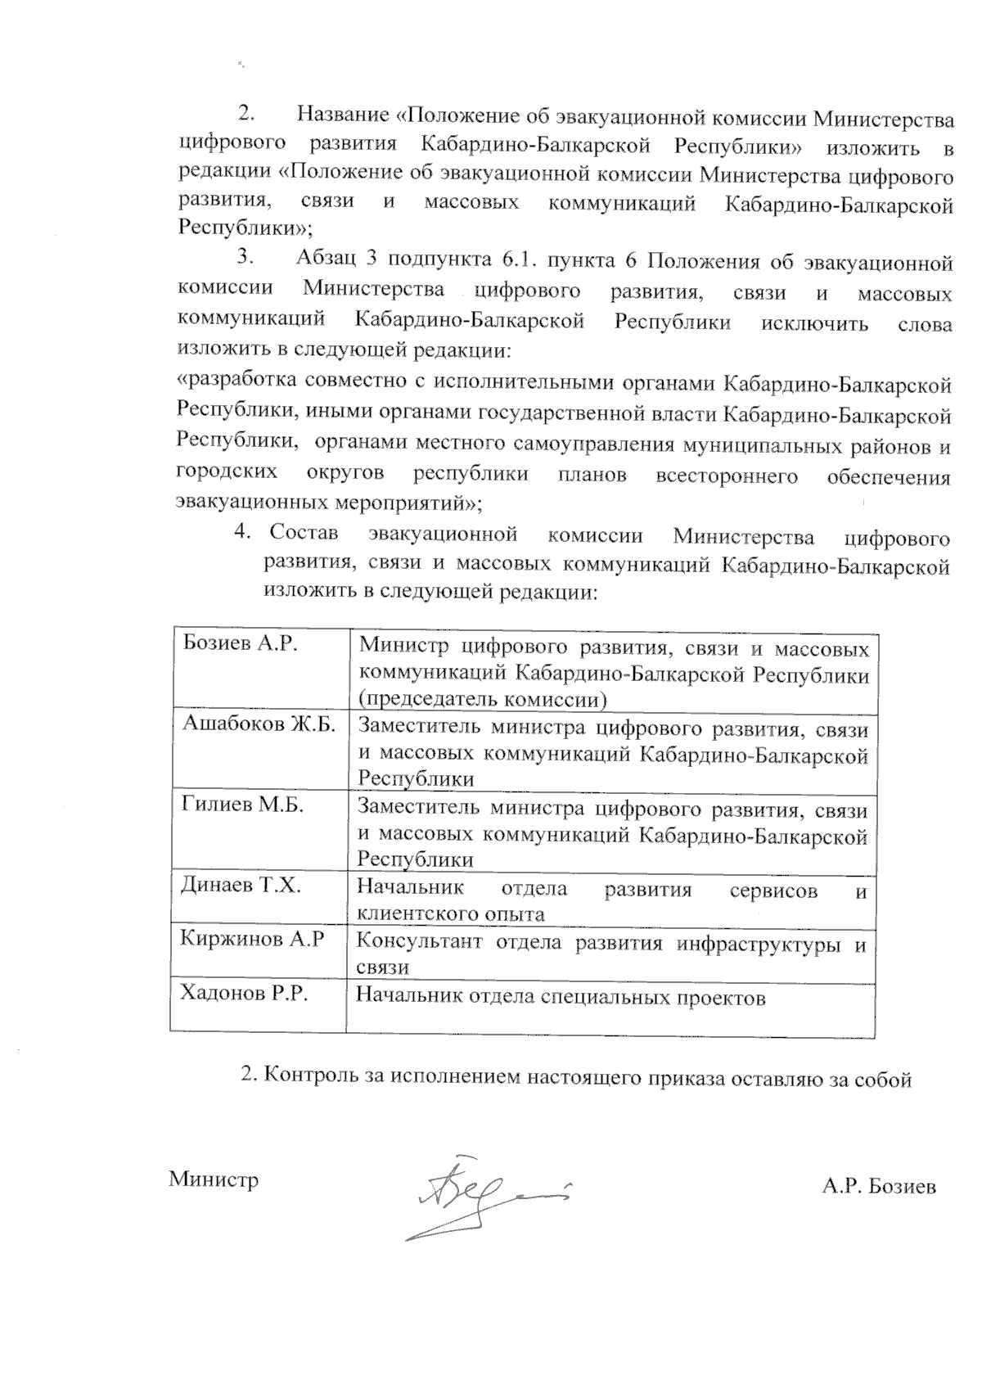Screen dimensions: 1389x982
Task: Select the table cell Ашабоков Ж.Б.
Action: click(259, 725)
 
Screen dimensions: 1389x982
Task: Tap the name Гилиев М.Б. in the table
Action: click(242, 805)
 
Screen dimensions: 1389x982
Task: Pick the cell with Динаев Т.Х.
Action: click(241, 886)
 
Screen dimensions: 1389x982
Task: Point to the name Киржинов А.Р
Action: click(252, 940)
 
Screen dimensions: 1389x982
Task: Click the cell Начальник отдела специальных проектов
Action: click(561, 998)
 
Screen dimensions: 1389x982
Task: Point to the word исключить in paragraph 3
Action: click(814, 322)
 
